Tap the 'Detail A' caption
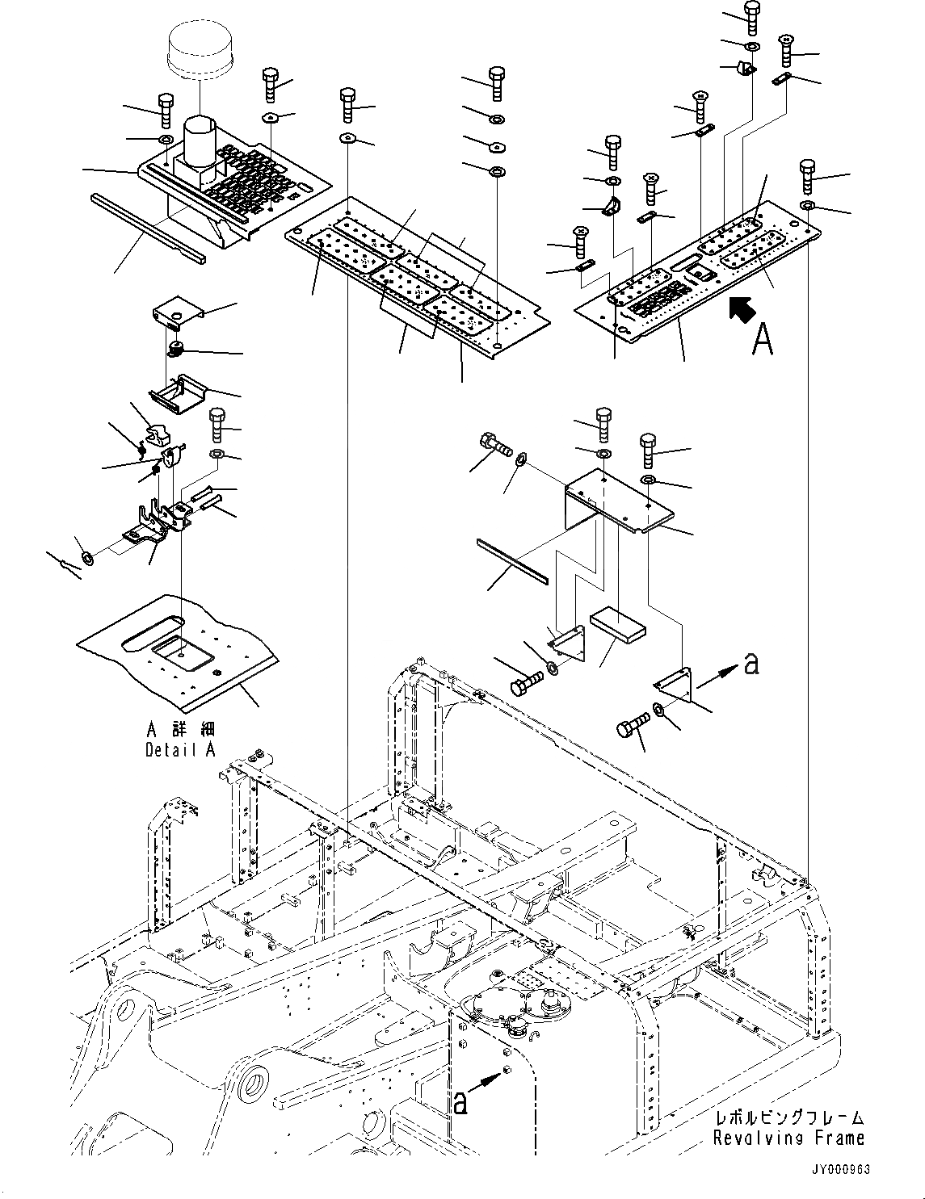pos(180,750)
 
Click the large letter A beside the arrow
pos(762,340)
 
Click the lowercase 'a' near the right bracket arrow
pos(751,664)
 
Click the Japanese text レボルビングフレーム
pos(789,1117)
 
